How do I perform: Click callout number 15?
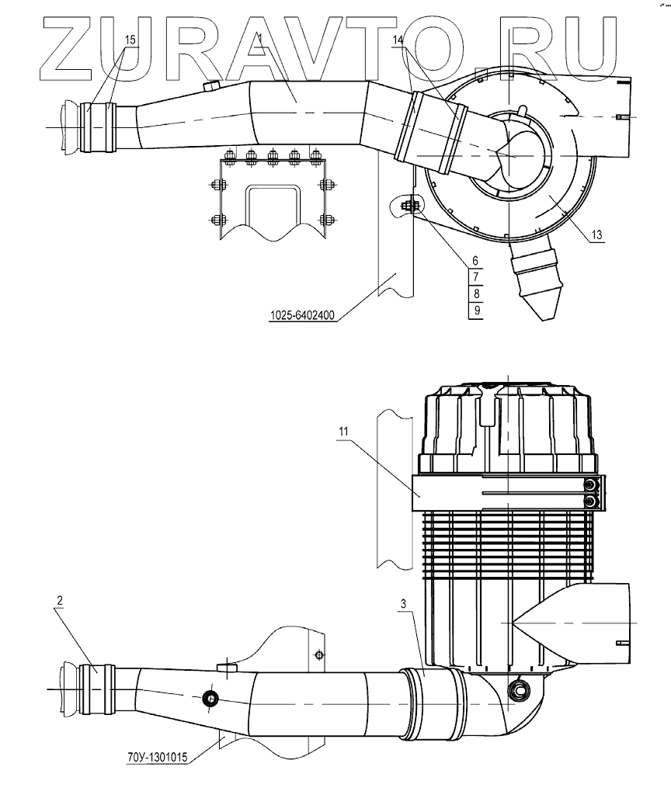130,39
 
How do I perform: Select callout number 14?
398,39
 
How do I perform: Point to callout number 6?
475,262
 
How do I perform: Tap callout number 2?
59,600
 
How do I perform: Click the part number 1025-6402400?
301,316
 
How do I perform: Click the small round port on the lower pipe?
209,699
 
